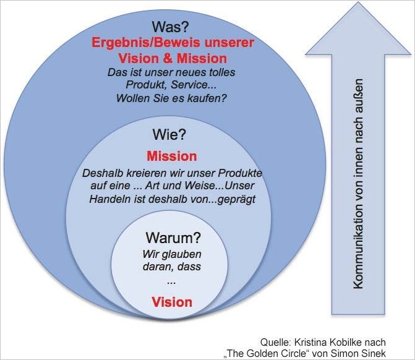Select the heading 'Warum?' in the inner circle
click(174, 238)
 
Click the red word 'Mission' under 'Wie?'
click(171, 156)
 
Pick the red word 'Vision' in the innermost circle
click(172, 302)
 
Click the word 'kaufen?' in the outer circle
click(207, 98)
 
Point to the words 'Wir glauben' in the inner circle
click(172, 254)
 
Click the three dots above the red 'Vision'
click(171, 281)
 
